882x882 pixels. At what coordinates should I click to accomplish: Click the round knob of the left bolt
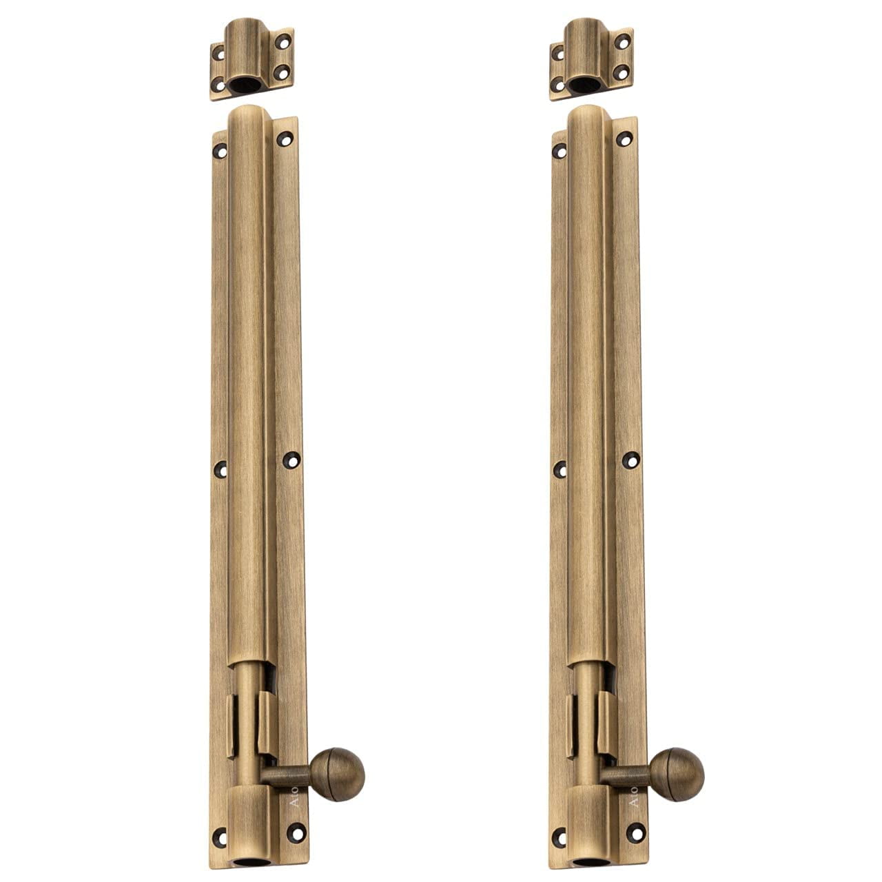338,774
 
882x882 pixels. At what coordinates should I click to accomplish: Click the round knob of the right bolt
677,774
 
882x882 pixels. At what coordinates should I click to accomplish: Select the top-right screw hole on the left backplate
285,139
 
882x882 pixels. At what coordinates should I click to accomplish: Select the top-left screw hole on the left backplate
220,150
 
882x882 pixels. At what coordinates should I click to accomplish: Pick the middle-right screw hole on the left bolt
291,460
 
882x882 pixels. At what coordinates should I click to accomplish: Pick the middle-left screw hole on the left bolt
220,470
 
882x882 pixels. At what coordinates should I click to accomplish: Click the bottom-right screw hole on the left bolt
296,832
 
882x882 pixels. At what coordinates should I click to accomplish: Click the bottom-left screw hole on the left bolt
220,838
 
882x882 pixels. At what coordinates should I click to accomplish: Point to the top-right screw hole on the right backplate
624,139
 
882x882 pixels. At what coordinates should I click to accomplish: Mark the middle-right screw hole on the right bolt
630,460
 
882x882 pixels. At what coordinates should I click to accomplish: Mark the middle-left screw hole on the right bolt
560,470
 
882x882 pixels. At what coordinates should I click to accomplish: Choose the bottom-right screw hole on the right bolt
635,832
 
